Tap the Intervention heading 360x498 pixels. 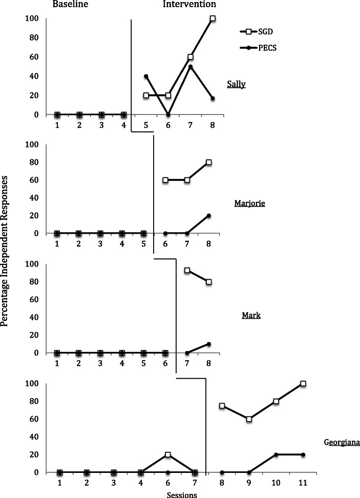(x=189, y=5)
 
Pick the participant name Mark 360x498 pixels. (x=251, y=315)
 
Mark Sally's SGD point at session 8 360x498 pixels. (x=213, y=18)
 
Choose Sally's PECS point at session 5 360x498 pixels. (x=146, y=76)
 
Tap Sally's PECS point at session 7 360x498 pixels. (x=190, y=67)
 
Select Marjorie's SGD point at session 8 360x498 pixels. (x=209, y=162)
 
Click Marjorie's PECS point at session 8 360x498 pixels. (x=209, y=216)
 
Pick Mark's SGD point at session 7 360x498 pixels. (x=187, y=271)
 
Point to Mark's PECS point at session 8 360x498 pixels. (x=209, y=344)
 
